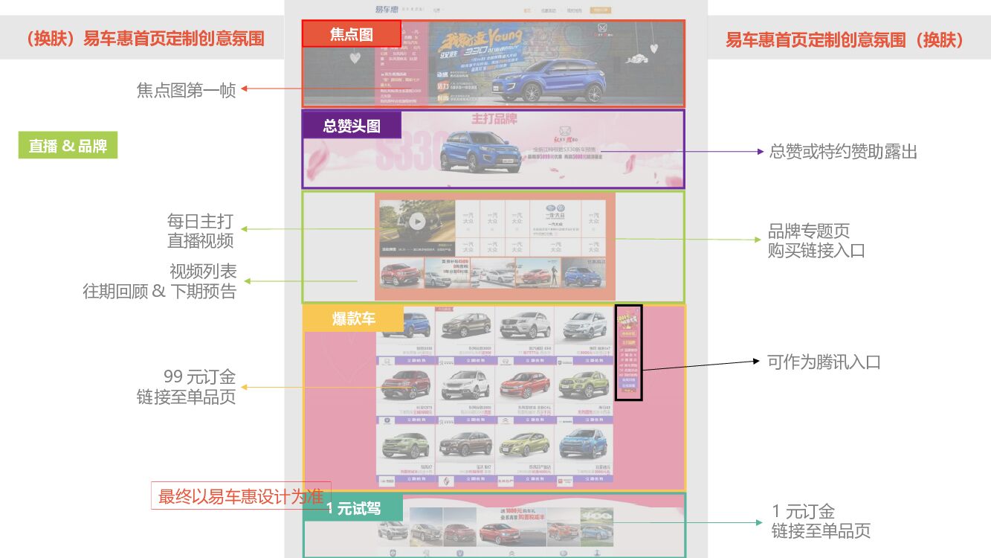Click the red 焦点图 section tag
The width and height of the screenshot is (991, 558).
(351, 34)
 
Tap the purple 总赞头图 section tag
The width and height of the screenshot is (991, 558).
(352, 126)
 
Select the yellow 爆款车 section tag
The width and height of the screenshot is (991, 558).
(354, 319)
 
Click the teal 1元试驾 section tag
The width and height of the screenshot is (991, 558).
(354, 509)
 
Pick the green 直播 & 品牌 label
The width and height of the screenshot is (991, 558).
(68, 147)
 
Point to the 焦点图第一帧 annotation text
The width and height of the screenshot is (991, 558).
(186, 90)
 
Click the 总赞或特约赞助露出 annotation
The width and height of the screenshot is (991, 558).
(842, 152)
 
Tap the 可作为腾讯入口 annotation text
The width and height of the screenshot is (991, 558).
(824, 362)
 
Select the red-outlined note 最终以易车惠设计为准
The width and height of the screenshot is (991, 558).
(241, 496)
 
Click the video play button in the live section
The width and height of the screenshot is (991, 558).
(417, 221)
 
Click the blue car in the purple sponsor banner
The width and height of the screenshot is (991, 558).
(476, 151)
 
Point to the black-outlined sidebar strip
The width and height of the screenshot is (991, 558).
(628, 353)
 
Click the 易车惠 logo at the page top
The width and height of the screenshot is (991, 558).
(387, 10)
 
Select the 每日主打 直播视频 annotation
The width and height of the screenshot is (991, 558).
(200, 231)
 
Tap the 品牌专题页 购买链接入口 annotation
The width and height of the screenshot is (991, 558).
(816, 240)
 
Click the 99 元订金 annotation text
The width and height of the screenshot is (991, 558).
(186, 387)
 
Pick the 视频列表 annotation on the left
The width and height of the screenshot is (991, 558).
(160, 281)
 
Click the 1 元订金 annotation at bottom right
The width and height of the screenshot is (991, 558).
(820, 521)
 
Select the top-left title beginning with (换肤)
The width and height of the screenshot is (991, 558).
(143, 39)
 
